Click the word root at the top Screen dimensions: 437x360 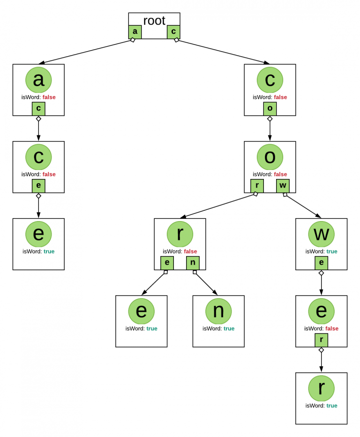(x=154, y=21)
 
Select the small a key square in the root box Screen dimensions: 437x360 (x=135, y=32)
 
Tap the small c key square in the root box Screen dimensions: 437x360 (x=173, y=32)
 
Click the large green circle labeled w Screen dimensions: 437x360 (x=321, y=234)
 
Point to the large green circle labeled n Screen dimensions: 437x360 (x=218, y=311)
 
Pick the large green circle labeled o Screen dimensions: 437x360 (x=270, y=157)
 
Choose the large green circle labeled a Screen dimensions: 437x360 (x=38, y=80)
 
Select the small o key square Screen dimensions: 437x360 (x=270, y=109)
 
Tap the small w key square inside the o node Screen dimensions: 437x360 (x=283, y=186)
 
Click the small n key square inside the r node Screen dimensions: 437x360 (x=193, y=263)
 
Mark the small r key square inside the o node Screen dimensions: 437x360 (x=257, y=186)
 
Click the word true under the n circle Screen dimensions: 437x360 (x=229, y=328)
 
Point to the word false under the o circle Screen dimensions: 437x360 (x=280, y=174)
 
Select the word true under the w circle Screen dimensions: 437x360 (x=331, y=251)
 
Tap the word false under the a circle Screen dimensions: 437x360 (x=49, y=97)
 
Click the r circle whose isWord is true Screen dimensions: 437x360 (x=321, y=388)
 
